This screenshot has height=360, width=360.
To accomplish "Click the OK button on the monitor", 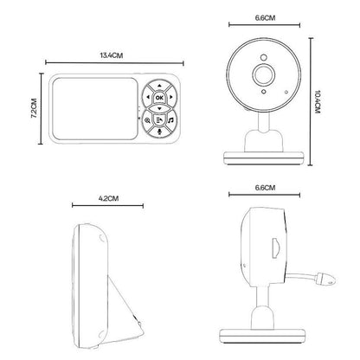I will [x=160, y=99].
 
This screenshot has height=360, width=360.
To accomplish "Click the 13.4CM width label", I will [x=111, y=55].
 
